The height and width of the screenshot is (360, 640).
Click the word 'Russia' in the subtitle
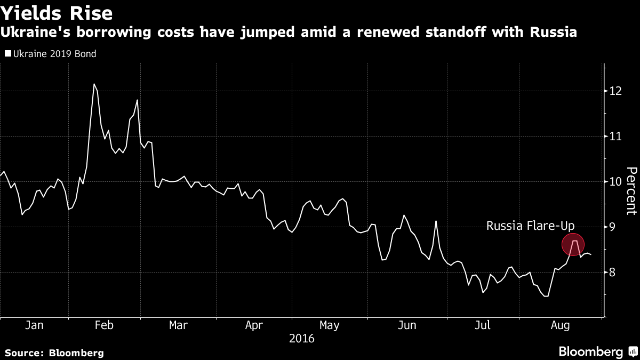pos(553,33)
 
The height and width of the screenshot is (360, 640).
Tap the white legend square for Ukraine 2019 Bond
pos(8,54)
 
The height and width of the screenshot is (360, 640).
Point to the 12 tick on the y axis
pos(617,91)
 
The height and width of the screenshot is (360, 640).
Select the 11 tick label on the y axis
pos(617,137)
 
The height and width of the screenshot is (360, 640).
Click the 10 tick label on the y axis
pos(617,182)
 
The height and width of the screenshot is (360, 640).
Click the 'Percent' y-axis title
pos(631,190)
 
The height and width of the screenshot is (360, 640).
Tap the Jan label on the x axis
pos(34,325)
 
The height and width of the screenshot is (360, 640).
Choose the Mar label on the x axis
pos(178,325)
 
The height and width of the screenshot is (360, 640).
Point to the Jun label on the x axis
pos(407,325)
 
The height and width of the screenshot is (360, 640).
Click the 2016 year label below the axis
pos(301,339)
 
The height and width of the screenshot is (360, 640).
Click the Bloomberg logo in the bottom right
pos(590,351)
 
